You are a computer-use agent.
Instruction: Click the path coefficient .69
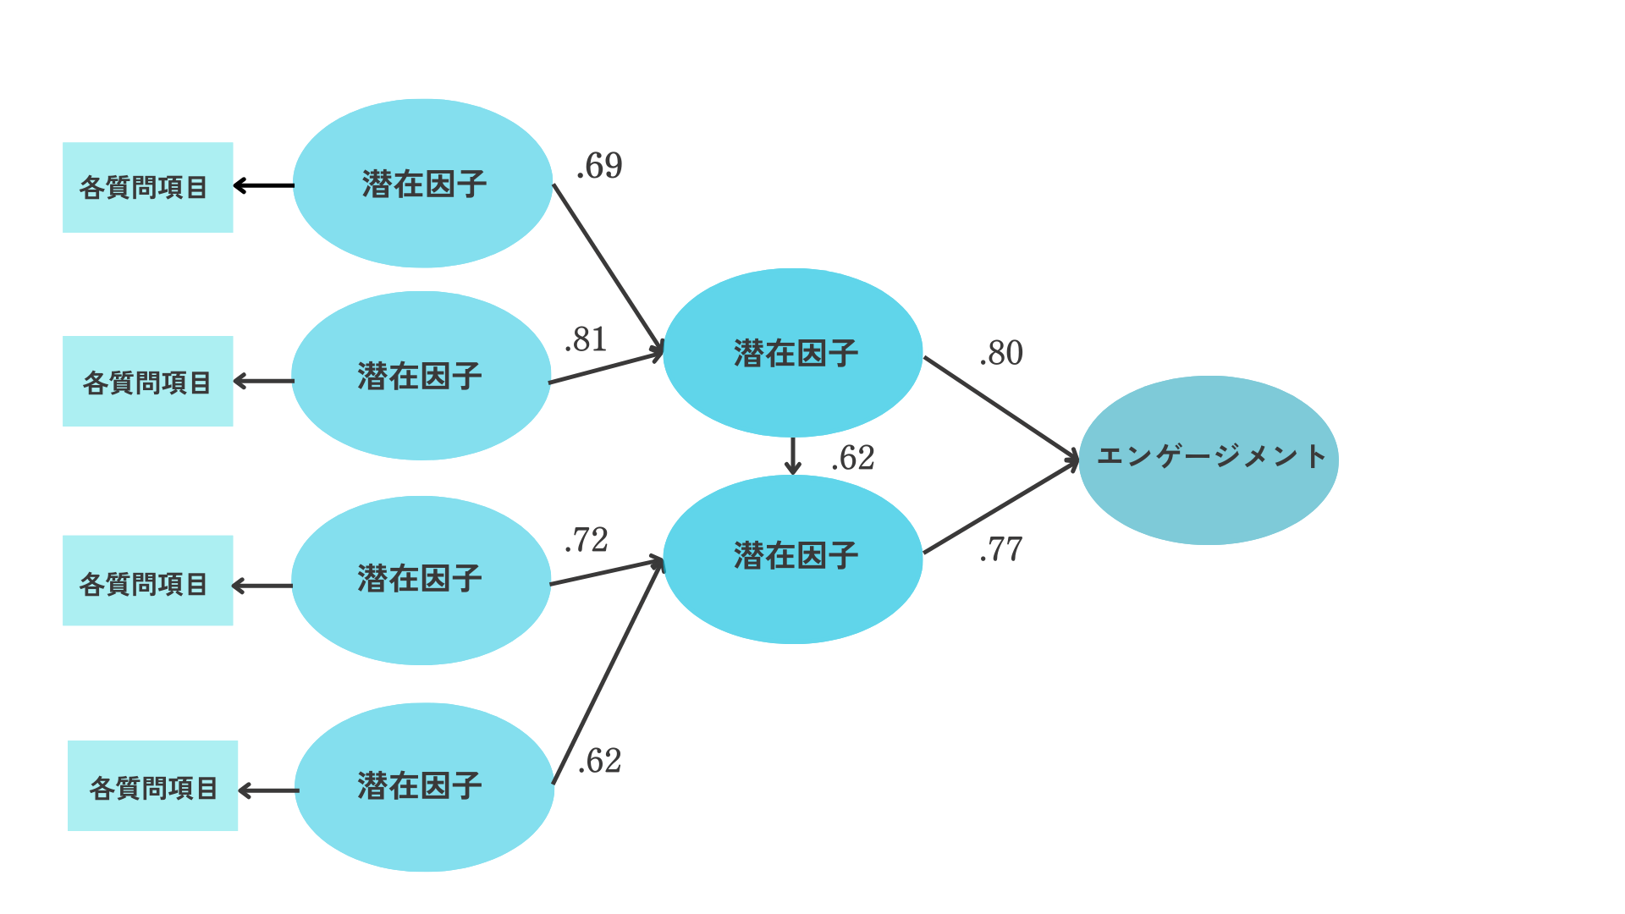click(599, 166)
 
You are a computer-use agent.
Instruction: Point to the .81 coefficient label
click(586, 339)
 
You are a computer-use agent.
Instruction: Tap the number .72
click(587, 540)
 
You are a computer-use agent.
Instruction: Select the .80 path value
click(1001, 353)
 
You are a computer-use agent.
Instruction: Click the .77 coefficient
click(1001, 549)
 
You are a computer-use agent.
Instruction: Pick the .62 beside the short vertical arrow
click(853, 458)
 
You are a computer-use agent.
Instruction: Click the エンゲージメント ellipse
click(1209, 460)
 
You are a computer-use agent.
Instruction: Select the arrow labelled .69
click(606, 266)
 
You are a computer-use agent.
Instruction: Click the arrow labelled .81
click(605, 368)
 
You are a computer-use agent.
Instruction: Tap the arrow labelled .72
click(605, 571)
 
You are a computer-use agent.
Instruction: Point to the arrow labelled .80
click(1000, 409)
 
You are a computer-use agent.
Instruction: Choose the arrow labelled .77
click(1000, 508)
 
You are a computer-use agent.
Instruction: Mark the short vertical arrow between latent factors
click(792, 456)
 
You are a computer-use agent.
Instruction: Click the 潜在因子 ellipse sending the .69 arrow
click(423, 184)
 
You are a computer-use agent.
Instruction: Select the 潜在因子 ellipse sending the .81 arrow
click(421, 376)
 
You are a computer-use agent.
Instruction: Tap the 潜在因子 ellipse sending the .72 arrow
click(421, 580)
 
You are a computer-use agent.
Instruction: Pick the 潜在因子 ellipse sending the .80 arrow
click(793, 353)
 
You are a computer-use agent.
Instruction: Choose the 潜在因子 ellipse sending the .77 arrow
click(793, 559)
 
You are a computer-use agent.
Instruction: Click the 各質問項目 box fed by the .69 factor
click(148, 187)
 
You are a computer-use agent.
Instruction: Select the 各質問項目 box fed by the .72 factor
click(148, 581)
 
